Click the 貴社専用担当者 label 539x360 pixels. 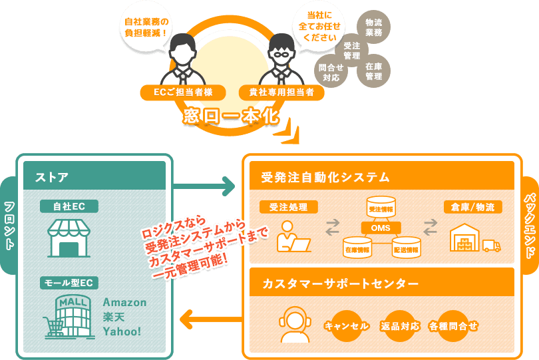point(281,92)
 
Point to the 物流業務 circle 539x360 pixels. point(373,27)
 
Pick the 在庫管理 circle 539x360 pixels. point(373,71)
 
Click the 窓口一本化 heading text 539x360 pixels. point(230,116)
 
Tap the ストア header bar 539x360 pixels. point(94,177)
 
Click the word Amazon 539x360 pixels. point(124,302)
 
